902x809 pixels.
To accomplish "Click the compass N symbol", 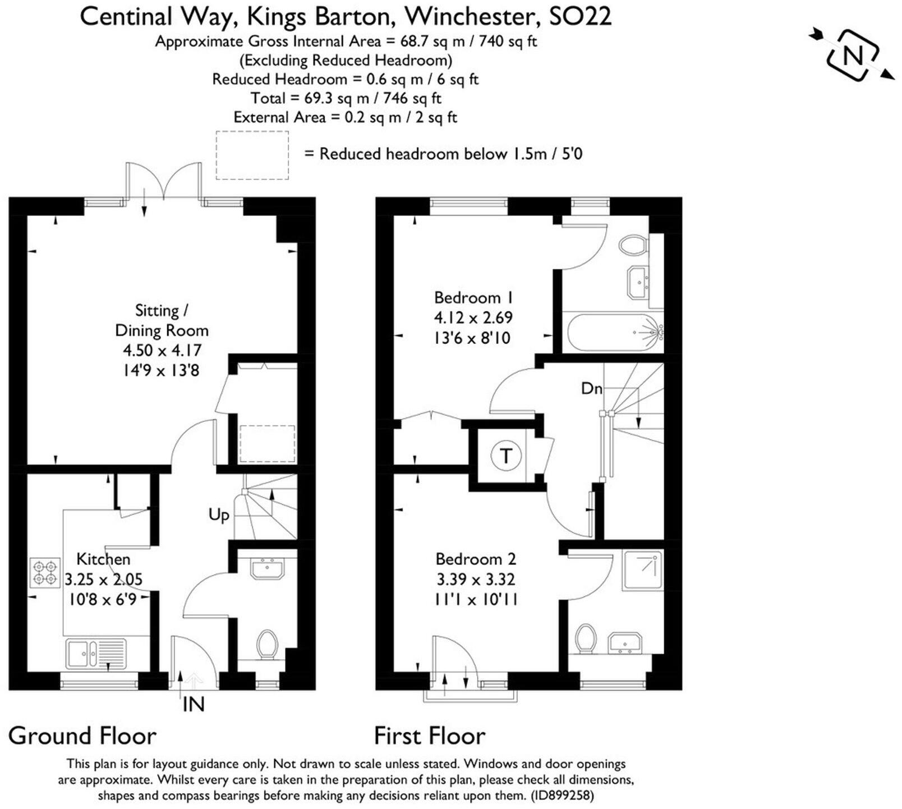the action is pos(852,55).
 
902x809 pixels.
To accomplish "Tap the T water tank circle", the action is pos(507,455).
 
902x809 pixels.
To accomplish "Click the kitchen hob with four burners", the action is pos(45,573).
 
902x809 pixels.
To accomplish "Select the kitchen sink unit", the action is pos(96,654).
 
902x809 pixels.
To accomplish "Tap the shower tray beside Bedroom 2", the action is pos(642,570).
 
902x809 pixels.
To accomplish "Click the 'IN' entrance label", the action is pos(194,705).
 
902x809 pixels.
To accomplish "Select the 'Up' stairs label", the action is pos(219,515).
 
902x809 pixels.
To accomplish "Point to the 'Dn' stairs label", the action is pos(592,388).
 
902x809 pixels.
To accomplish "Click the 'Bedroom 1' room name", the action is pos(473,297).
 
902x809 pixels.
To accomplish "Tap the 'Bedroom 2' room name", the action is pos(476,559).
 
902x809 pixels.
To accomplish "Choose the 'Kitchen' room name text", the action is pos(103,559).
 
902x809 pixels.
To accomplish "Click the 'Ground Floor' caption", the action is pos(82,736).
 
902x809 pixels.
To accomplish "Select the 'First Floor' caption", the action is pos(430,736).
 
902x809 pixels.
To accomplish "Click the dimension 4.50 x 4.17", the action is pos(162,350).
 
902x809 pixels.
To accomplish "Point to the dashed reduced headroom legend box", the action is pos(252,155).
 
